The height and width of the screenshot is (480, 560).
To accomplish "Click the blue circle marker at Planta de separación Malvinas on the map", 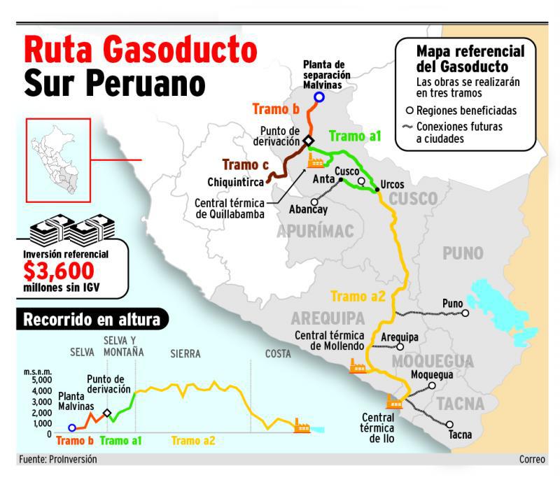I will coord(319,97).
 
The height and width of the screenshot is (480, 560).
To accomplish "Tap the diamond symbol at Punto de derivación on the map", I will coord(308,141).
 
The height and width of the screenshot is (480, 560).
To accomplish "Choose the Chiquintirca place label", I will coord(235,182).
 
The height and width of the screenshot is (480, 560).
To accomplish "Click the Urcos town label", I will coord(392,185).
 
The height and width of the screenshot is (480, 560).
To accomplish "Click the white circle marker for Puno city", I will coord(465,313).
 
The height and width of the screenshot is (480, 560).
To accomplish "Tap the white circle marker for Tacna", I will coord(449,424).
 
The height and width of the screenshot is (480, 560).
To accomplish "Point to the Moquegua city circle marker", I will coord(433,386).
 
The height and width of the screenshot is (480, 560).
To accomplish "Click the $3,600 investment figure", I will coord(58,270).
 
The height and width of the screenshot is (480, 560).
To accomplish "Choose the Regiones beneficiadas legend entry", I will coord(463,110).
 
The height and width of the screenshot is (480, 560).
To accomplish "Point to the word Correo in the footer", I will coord(532,460).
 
